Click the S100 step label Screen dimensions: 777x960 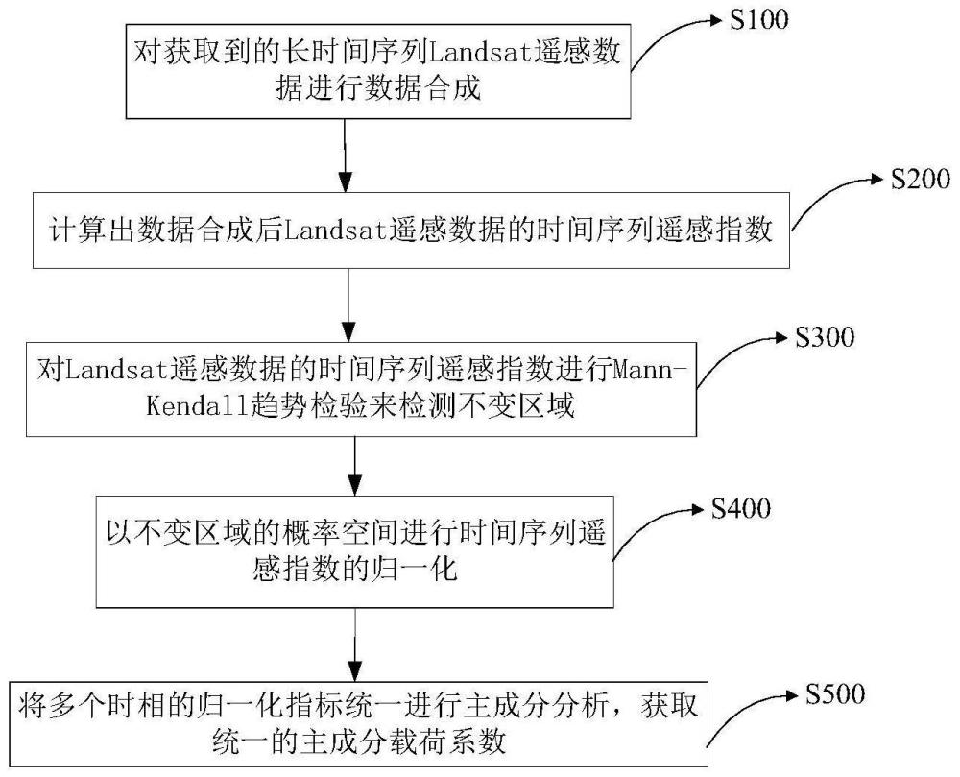tap(757, 20)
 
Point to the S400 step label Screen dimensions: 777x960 tap(741, 509)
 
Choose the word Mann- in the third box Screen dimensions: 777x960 tap(650, 368)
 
